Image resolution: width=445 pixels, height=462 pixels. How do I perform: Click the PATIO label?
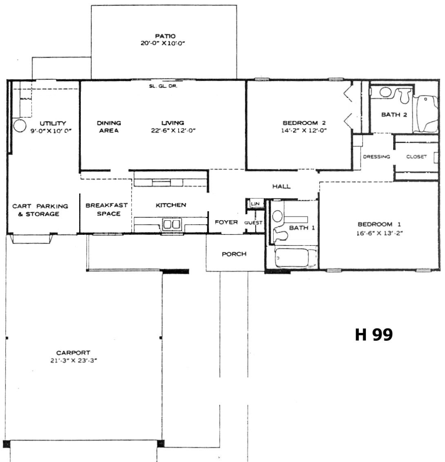coord(165,36)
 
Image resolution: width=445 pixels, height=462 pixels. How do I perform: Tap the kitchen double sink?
coord(172,224)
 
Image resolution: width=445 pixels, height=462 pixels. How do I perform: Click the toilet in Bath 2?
coord(405,96)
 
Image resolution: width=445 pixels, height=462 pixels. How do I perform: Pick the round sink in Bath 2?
coord(385,92)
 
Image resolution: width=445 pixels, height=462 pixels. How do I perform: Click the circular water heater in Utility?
coord(20,126)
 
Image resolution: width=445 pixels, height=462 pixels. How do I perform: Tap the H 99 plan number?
coord(374,335)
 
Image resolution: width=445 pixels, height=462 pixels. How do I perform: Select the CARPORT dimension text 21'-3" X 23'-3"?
coord(73,360)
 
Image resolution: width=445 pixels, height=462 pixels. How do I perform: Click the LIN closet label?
coord(255,203)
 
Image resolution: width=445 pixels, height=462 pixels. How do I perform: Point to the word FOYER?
coord(226,222)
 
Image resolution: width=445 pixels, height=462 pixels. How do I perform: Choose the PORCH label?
coord(234,254)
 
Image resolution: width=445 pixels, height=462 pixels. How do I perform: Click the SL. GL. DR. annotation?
coord(163,86)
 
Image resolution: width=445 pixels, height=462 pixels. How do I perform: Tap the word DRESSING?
coord(376,157)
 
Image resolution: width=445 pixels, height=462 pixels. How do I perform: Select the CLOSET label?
coord(416,157)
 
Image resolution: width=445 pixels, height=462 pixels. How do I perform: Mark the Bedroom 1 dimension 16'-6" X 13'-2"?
coord(379,233)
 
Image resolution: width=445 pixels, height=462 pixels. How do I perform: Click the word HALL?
coord(281,186)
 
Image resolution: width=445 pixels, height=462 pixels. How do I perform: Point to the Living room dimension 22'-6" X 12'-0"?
coord(173,131)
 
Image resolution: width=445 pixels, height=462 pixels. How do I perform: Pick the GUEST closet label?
coord(253,223)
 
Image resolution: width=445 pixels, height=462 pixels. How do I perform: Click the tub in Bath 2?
coord(425,114)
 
